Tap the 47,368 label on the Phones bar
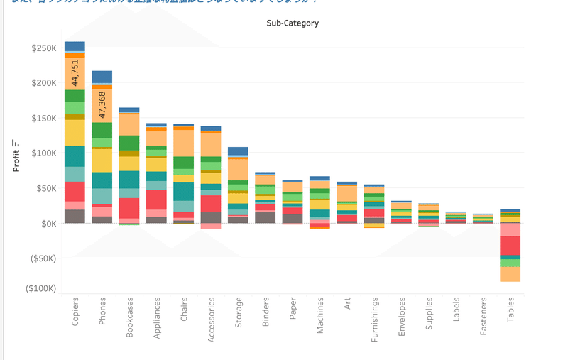102,104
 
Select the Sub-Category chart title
293,23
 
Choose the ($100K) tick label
42,289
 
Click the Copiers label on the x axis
75,312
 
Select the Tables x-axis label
510,310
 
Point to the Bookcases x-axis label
129,317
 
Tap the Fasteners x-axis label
484,317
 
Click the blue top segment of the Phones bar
102,77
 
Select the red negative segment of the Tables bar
510,246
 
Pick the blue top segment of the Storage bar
238,151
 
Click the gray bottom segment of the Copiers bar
75,216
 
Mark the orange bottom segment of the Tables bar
510,274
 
